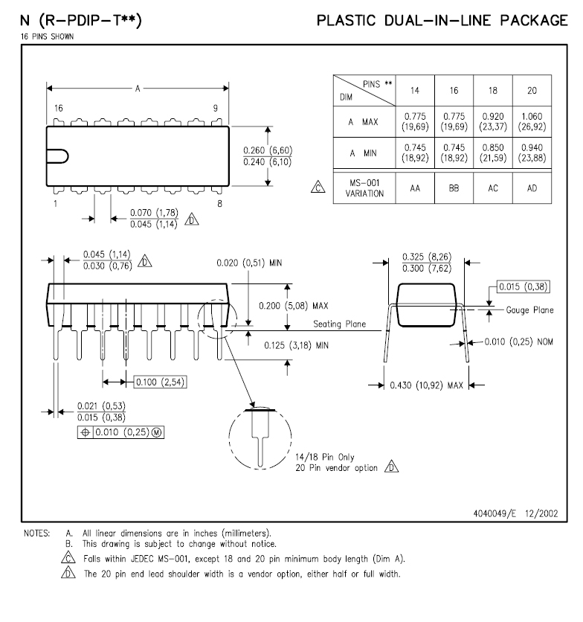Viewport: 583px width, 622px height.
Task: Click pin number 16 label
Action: (x=59, y=108)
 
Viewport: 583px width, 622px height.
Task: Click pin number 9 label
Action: (x=216, y=108)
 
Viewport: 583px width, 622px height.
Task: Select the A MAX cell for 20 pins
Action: (x=532, y=121)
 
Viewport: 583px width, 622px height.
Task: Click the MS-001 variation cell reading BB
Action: (x=453, y=189)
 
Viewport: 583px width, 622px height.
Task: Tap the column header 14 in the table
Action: (x=413, y=89)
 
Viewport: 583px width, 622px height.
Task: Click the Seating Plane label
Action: (x=339, y=324)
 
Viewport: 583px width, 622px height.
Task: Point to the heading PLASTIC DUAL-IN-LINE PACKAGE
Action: (x=442, y=20)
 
